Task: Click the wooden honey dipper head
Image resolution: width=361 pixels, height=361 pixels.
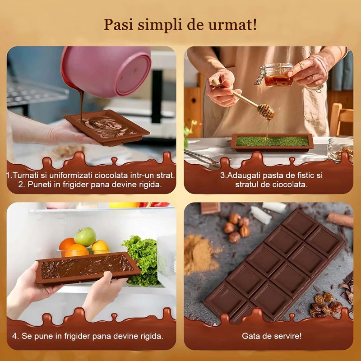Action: pos(266,111)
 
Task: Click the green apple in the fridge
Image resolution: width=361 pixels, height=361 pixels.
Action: pos(85,236)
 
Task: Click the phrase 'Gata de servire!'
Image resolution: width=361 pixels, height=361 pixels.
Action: pos(272,336)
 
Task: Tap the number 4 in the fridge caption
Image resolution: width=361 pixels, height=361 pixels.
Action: pos(15,336)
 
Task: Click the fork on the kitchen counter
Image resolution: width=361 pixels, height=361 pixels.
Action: pos(201,158)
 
